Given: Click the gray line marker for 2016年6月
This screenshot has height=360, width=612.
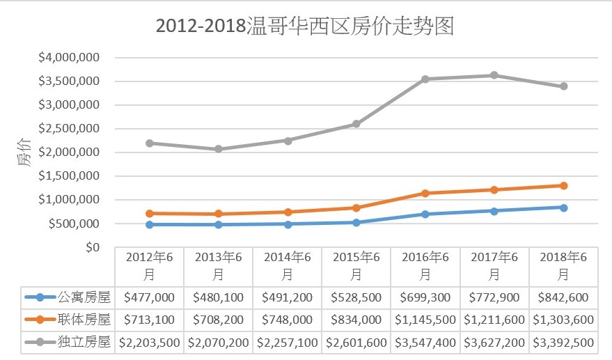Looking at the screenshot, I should pos(425,79).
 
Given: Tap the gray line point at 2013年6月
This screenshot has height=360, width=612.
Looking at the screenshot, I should pos(218,149).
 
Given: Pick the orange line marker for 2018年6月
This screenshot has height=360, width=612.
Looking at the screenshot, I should pos(563,185).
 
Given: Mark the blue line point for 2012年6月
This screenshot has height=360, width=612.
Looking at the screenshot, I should pos(149,224).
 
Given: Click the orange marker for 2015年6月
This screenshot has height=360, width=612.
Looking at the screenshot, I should pos(356,208).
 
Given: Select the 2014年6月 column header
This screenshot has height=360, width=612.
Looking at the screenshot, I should pos(287,265).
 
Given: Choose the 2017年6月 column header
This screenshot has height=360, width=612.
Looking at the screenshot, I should pos(494,265).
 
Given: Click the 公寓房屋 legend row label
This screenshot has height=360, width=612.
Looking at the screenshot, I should pos(84,297).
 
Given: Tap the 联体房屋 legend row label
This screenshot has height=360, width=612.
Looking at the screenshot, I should pos(84,320).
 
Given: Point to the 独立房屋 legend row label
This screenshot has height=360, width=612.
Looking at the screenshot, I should pos(84,343).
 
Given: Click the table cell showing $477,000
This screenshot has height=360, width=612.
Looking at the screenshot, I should pos(149,297).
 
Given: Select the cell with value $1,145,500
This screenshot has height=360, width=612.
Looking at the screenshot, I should pos(425,320).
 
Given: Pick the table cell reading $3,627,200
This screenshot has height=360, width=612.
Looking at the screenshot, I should pos(494,343).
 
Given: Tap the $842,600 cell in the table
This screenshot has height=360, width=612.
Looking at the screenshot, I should pos(563,297).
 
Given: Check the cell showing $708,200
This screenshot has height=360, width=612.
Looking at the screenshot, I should pos(218,320).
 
